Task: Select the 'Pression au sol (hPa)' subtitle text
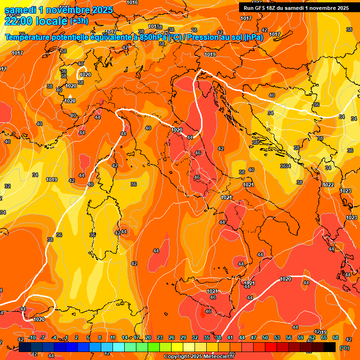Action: [x=226, y=37]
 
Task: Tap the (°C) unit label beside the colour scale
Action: [x=345, y=348]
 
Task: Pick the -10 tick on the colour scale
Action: [x=32, y=337]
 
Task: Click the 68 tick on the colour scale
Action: [x=336, y=337]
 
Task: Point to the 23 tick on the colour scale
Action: [x=160, y=337]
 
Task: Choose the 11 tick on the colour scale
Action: [x=113, y=337]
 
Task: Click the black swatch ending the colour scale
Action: [x=330, y=347]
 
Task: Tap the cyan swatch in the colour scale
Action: [x=119, y=347]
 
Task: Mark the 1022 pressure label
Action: [x=328, y=185]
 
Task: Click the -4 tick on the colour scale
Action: [x=54, y=337]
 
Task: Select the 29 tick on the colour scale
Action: [x=183, y=337]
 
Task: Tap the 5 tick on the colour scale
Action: [x=89, y=337]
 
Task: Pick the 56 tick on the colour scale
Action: [x=289, y=337]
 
